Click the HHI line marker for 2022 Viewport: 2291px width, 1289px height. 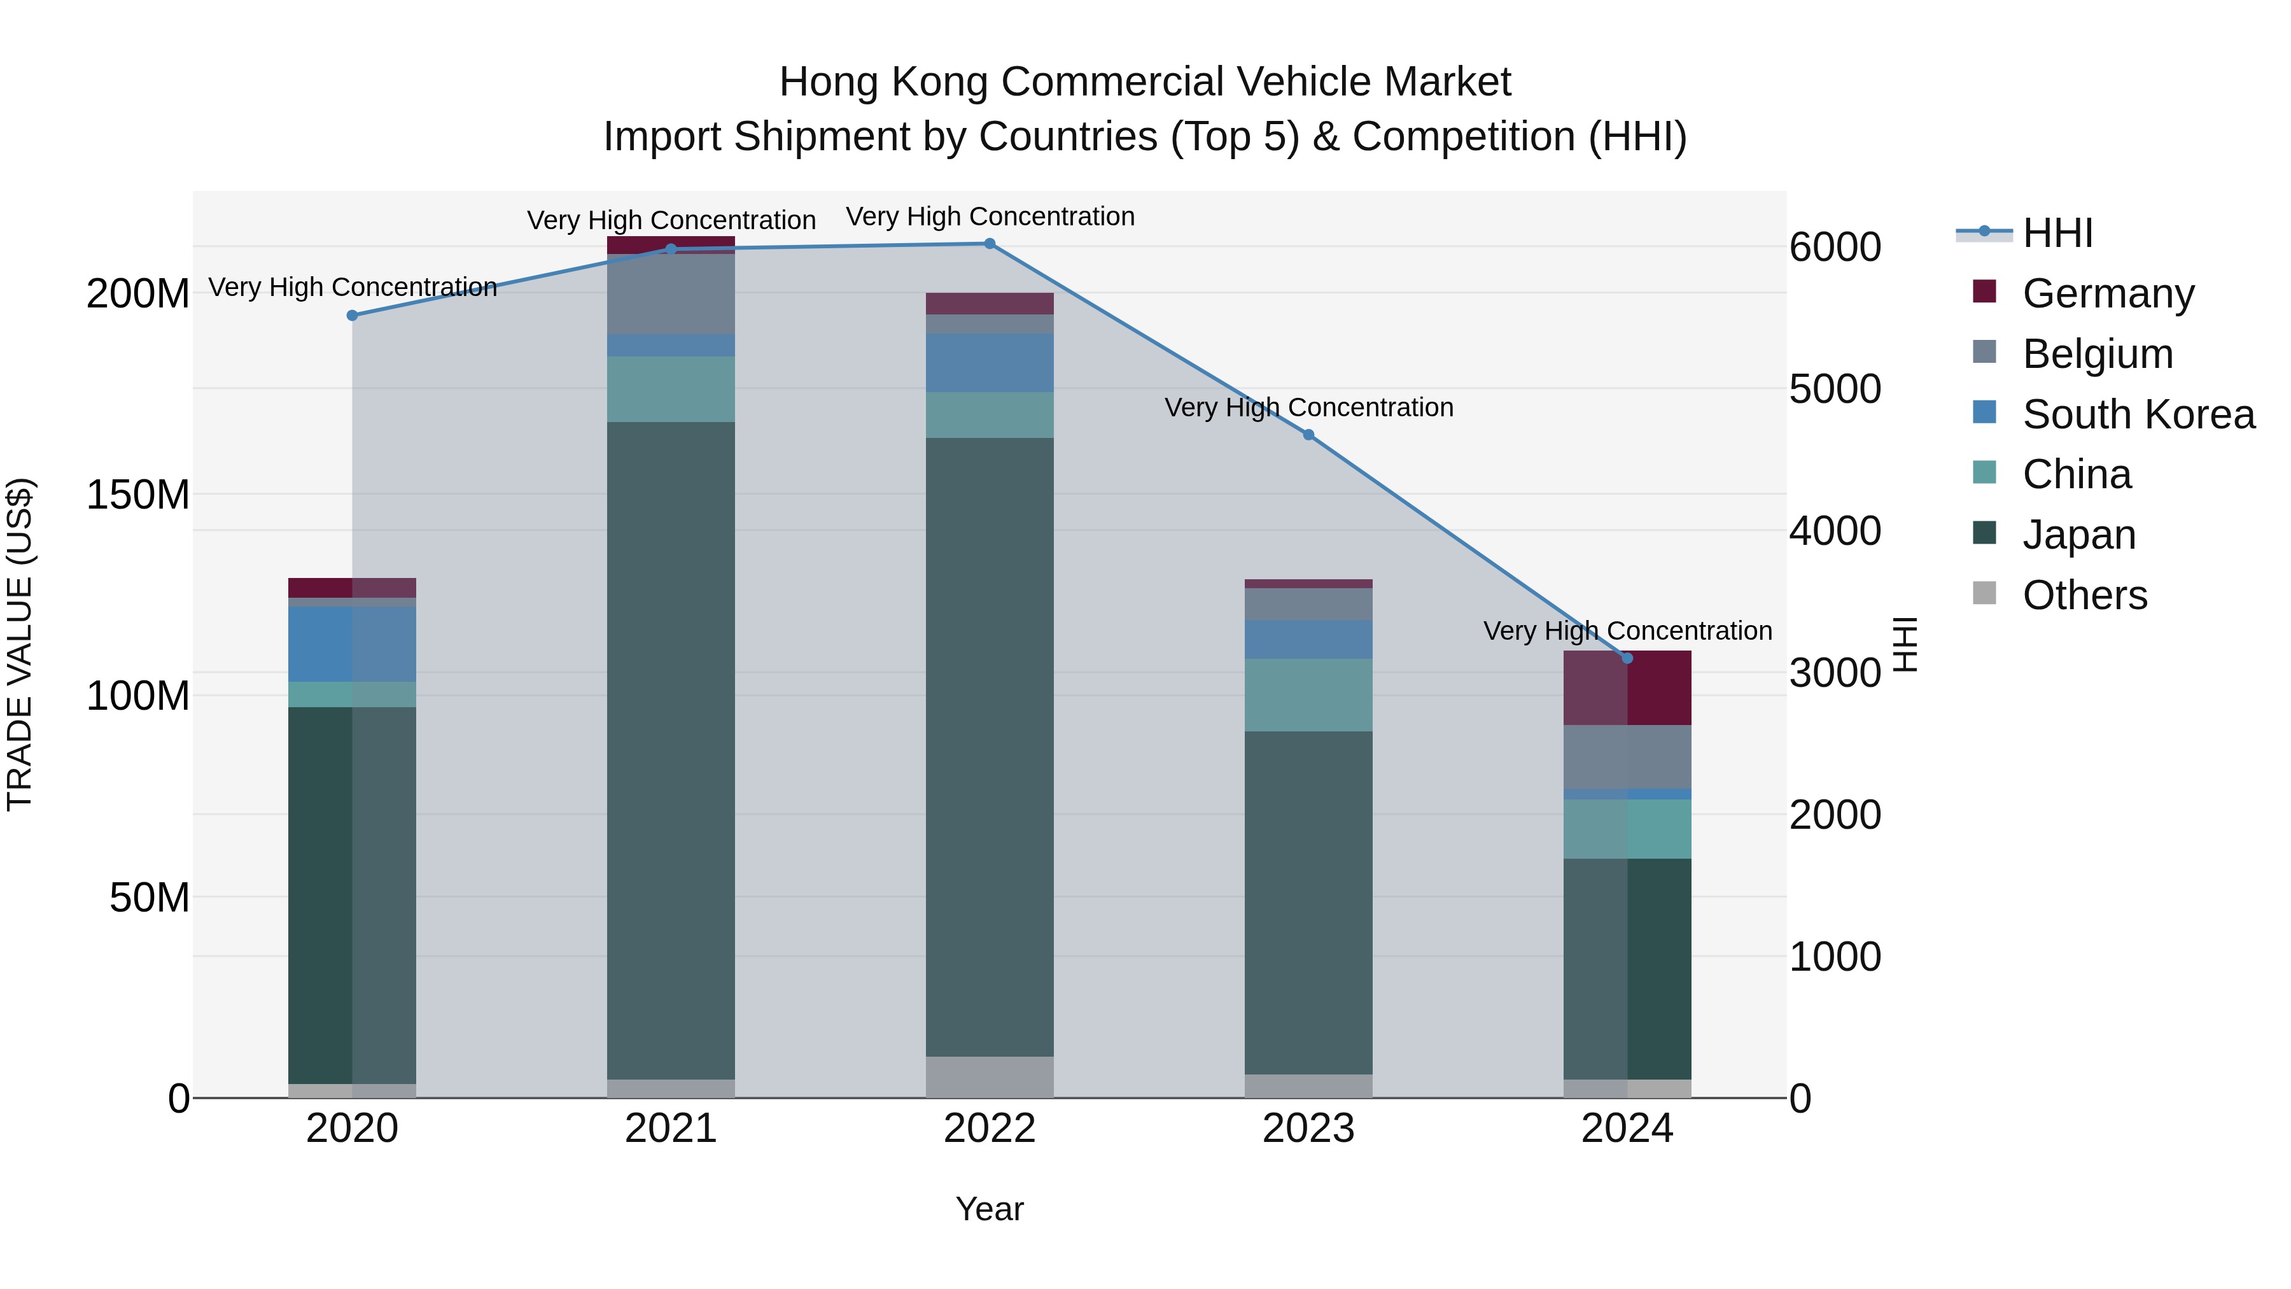pos(989,244)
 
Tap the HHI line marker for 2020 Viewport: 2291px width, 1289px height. pos(352,316)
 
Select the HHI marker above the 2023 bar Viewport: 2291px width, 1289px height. pos(1308,435)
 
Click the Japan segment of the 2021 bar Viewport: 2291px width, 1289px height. pos(671,747)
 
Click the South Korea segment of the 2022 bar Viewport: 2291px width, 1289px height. pos(989,363)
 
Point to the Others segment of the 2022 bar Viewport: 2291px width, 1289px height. pos(989,1076)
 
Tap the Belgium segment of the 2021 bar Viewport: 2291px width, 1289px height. pos(671,293)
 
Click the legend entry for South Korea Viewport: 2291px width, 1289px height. pos(2138,414)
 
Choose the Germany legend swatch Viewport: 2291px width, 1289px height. pos(1984,292)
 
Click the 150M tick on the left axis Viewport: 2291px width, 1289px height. pos(138,495)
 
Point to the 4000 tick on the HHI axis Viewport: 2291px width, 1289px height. pos(1835,531)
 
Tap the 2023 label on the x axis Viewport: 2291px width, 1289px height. pos(1308,1129)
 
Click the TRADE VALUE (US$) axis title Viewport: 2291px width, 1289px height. pos(20,644)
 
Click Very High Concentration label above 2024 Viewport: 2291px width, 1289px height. pos(1627,631)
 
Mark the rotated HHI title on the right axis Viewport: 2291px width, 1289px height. pos(1905,644)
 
